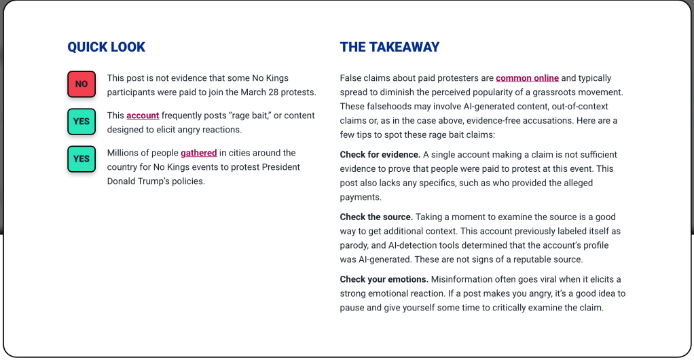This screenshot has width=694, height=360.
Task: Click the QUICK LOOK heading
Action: [x=106, y=47]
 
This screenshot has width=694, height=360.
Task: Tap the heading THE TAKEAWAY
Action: [x=389, y=47]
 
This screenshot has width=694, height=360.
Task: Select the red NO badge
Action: [x=81, y=84]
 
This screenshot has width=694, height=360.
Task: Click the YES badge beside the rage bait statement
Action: [x=81, y=121]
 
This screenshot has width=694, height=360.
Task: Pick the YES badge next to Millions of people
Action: [x=81, y=158]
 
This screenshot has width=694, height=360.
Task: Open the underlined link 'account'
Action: [x=143, y=115]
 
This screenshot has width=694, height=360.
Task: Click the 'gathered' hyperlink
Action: [x=198, y=153]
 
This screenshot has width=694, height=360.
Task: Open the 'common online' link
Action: [x=527, y=78]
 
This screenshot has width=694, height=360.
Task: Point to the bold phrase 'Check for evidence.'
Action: [x=380, y=155]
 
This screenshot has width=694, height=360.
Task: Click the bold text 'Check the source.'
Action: [x=376, y=217]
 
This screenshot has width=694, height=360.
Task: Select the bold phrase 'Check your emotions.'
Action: [x=384, y=279]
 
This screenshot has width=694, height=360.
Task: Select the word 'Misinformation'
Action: [x=462, y=279]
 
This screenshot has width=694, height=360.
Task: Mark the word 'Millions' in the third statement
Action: [x=124, y=153]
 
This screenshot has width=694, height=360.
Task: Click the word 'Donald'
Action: [x=122, y=181]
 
